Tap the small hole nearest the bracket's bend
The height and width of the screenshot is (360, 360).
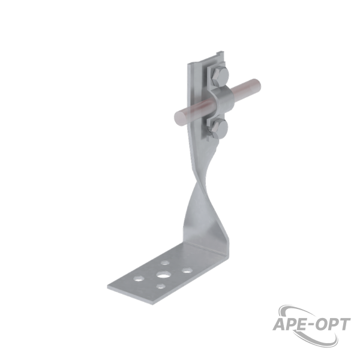166,262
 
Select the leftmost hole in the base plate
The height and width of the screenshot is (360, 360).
139,278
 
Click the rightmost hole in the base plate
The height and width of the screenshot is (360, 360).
187,270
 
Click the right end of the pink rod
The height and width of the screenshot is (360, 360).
256,85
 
